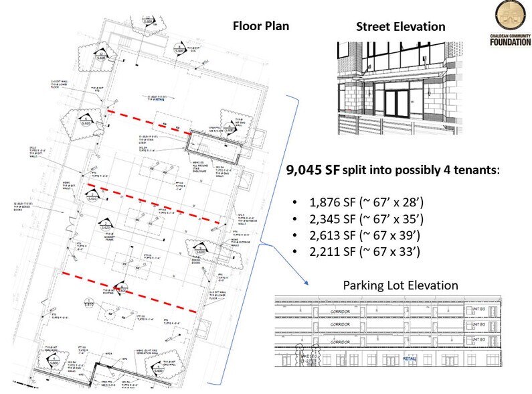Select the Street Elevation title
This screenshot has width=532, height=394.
[x=401, y=27]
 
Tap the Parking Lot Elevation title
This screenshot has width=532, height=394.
[x=400, y=285]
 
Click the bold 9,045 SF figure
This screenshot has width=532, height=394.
[x=313, y=171]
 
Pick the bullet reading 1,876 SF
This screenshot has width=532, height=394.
[x=357, y=202]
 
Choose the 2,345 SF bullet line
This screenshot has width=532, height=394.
[x=357, y=219]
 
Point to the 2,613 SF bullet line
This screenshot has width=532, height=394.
[x=356, y=236]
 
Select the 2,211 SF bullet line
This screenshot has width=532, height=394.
[x=356, y=252]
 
